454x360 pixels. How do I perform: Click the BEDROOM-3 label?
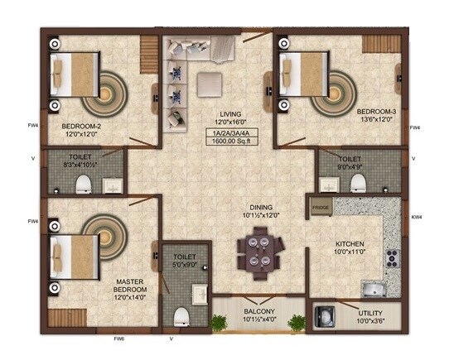point(376,110)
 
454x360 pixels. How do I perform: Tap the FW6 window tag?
point(118,338)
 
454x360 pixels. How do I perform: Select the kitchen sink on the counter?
point(376,289)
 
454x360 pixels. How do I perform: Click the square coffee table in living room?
point(210,81)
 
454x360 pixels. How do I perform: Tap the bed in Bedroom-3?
point(307,73)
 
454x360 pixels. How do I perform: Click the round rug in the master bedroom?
point(104,233)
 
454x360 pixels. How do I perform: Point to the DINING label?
point(258,208)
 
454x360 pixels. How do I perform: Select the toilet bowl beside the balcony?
point(183,314)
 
